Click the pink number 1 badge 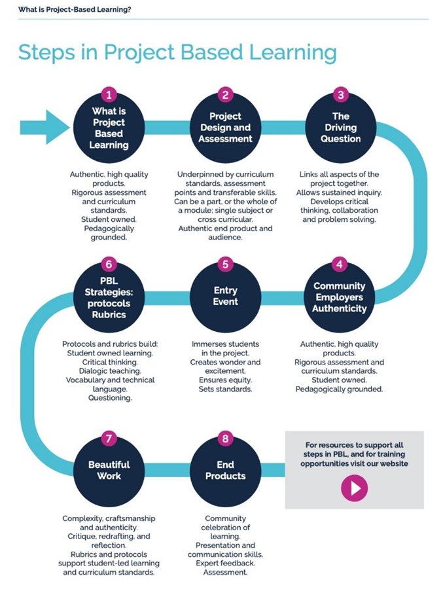pyautogui.click(x=109, y=95)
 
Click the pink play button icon pyautogui.click(x=355, y=488)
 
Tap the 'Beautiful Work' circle pyautogui.click(x=109, y=470)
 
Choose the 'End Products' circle pyautogui.click(x=225, y=470)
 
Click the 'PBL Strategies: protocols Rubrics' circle pyautogui.click(x=109, y=297)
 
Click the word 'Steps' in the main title pyautogui.click(x=44, y=52)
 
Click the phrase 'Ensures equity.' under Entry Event pyautogui.click(x=225, y=380)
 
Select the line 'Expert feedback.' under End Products pyautogui.click(x=225, y=563)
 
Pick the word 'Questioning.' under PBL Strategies pyautogui.click(x=109, y=398)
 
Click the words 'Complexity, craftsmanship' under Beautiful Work pyautogui.click(x=109, y=518)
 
